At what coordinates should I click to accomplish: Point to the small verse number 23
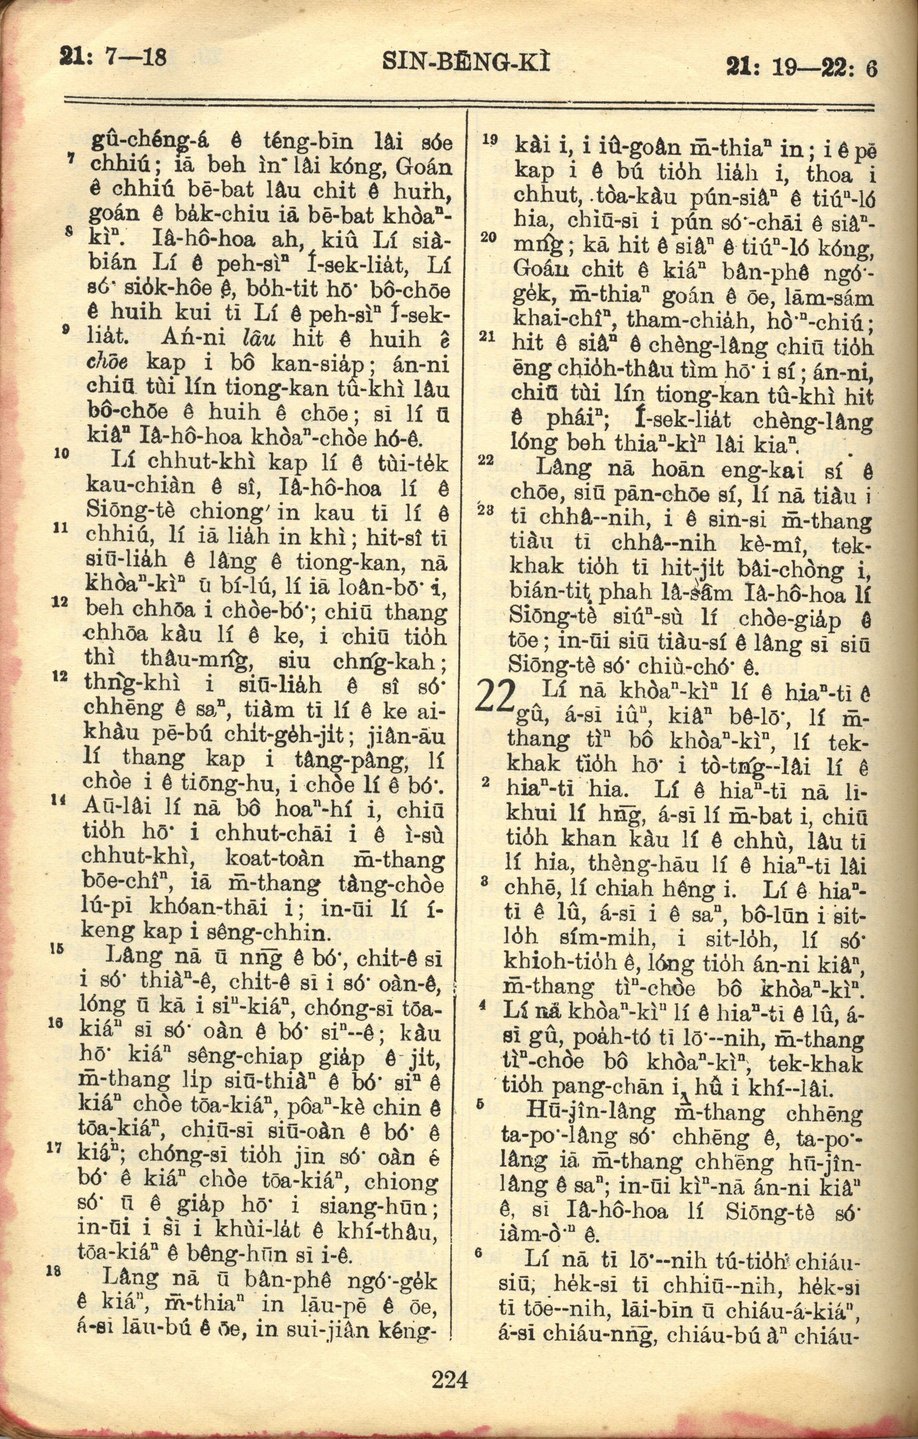(x=488, y=510)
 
